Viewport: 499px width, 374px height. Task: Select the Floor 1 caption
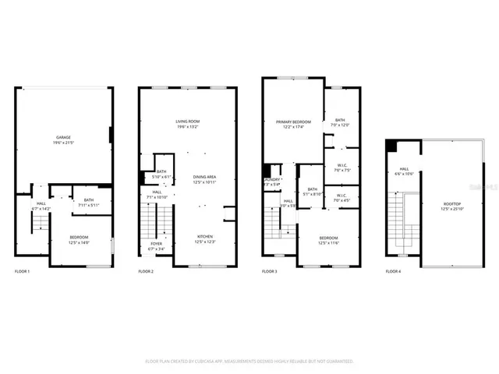23,271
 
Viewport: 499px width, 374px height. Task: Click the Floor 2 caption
146,271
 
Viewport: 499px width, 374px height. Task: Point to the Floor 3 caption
269,271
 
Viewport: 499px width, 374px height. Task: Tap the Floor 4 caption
392,271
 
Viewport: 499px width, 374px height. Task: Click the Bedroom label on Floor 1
79,239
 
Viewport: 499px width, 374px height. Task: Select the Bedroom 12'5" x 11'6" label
328,239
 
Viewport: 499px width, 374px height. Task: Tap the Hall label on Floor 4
405,171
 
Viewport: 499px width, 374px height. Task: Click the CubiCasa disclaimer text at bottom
249,361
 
